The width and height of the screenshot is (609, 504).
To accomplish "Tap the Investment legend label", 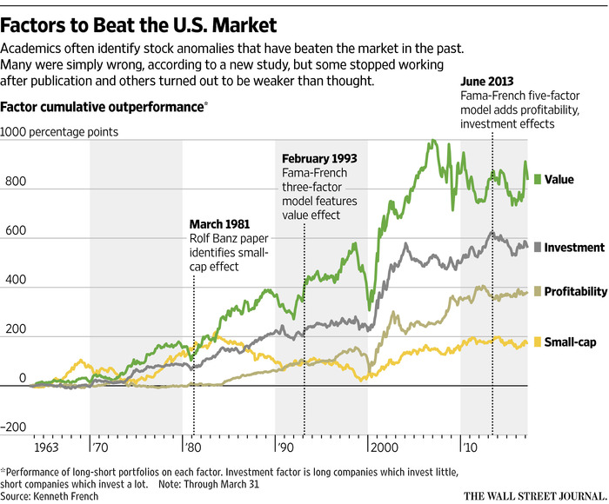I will [x=574, y=248].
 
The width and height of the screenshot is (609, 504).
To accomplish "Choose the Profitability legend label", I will [x=575, y=292].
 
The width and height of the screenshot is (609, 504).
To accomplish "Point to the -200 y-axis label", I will [x=15, y=427].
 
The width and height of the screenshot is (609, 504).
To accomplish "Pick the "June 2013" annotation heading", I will [x=487, y=90].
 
